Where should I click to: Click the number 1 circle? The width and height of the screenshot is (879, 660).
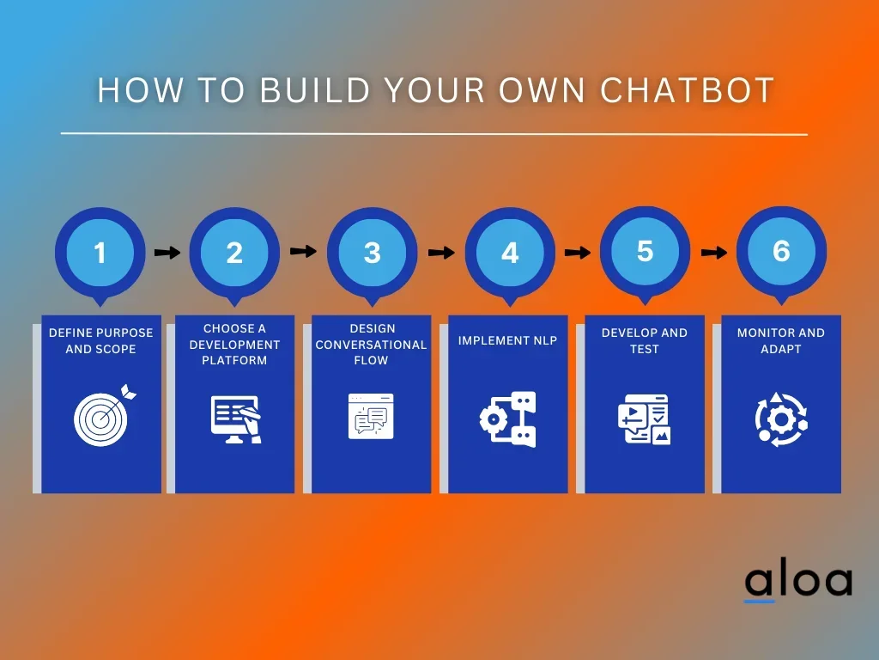[x=100, y=253]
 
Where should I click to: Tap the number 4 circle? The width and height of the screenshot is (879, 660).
[x=510, y=253]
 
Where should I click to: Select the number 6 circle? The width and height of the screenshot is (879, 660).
[x=781, y=250]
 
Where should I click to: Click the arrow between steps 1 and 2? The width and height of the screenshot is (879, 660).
[x=167, y=253]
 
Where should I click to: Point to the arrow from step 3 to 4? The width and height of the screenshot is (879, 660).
[x=441, y=253]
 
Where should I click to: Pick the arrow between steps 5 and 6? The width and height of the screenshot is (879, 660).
[x=714, y=252]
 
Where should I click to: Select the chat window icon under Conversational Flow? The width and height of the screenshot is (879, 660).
[x=371, y=416]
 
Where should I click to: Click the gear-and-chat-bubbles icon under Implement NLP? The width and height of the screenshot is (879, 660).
[x=507, y=419]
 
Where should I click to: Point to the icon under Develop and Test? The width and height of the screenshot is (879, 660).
[x=644, y=419]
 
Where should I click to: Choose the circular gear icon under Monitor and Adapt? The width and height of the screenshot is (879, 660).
[x=780, y=419]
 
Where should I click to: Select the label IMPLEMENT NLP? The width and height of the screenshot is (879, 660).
[x=507, y=341]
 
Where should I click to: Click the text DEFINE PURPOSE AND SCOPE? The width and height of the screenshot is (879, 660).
[x=100, y=340]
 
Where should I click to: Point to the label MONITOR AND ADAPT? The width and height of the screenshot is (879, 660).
[x=780, y=340]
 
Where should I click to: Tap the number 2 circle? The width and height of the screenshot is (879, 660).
[x=234, y=253]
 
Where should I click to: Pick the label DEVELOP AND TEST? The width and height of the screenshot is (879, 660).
[x=644, y=340]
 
